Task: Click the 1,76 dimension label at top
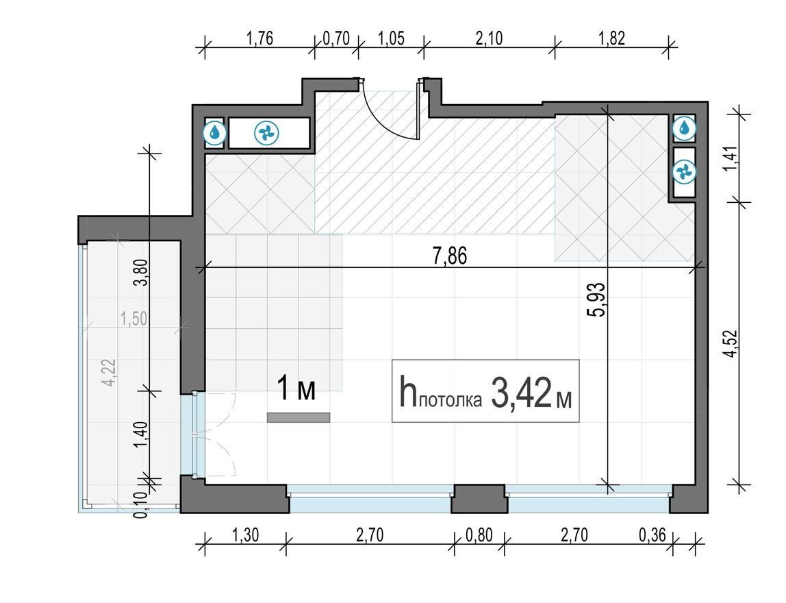(260, 38)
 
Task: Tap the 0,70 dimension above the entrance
(336, 38)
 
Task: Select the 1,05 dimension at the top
(390, 38)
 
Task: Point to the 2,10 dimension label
(489, 38)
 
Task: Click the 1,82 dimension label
(611, 38)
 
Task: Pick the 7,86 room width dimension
(450, 256)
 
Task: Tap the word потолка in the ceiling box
(450, 399)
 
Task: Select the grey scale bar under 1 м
(299, 417)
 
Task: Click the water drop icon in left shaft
(215, 133)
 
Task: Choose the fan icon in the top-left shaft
(266, 134)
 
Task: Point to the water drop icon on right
(684, 128)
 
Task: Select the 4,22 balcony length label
(109, 371)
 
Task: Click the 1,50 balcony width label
(134, 319)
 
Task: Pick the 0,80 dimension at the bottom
(479, 535)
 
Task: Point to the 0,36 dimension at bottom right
(652, 535)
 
